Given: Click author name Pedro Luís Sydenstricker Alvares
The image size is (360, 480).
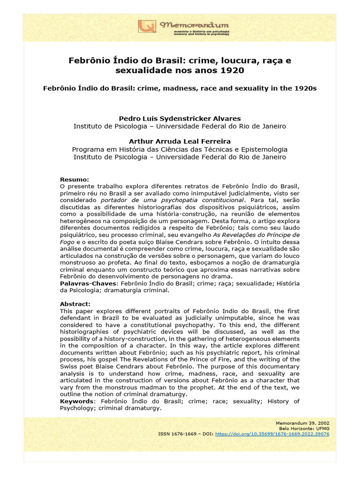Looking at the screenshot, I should click(180, 119).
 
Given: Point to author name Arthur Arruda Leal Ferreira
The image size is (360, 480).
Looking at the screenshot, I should click(180, 141).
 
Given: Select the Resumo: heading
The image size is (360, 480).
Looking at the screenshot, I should click(74, 180).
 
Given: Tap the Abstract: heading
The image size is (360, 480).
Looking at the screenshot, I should click(75, 304).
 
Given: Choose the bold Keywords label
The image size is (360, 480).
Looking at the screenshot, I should click(76, 401).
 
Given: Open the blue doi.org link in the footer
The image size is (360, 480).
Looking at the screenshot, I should click(272, 434).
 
